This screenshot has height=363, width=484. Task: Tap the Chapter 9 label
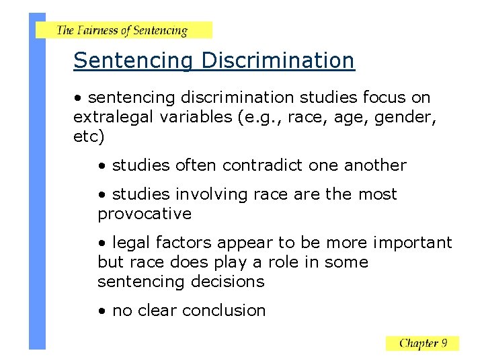point(422,344)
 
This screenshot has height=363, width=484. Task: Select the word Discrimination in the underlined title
point(277,61)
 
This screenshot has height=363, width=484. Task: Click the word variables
point(195,118)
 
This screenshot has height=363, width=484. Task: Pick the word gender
point(407,118)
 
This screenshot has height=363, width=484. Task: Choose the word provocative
point(145,214)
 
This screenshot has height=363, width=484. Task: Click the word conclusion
point(224,311)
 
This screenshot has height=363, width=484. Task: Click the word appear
point(242,243)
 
